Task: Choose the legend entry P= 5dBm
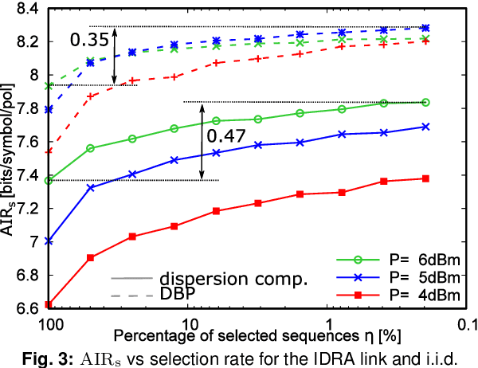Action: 416,279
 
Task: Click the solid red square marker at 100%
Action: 49,304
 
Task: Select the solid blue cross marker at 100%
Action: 49,241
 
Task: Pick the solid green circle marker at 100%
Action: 49,180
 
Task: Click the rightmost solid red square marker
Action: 426,178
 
